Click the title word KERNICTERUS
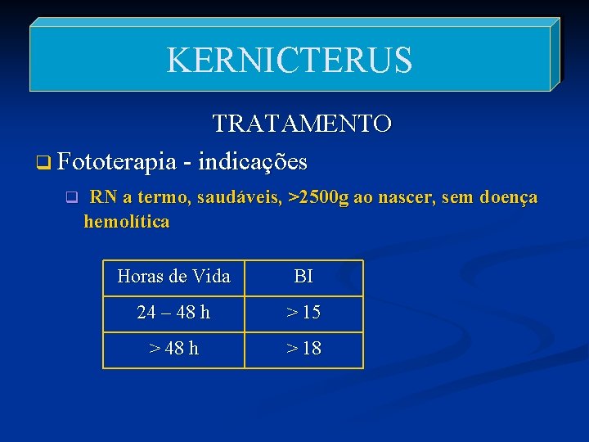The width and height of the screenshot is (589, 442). click(x=290, y=60)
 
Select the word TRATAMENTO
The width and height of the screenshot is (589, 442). click(x=302, y=124)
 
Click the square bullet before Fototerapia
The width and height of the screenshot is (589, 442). click(x=43, y=163)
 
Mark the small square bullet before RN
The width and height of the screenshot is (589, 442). click(x=71, y=197)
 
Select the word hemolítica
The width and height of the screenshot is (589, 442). click(x=127, y=221)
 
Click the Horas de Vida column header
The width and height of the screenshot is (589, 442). click(x=173, y=277)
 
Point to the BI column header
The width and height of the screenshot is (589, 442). click(x=303, y=277)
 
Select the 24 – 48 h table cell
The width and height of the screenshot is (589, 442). click(x=173, y=313)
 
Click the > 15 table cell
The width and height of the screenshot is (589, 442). click(x=303, y=313)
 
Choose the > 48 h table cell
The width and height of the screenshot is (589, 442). click(x=173, y=349)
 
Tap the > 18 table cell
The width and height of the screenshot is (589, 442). click(x=303, y=349)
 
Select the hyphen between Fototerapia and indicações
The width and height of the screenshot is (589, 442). click(x=189, y=163)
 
